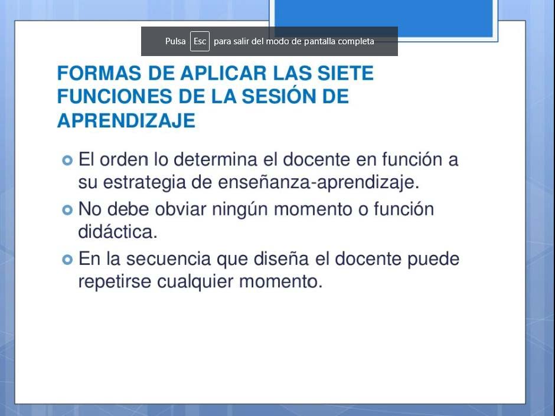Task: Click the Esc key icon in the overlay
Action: (x=200, y=41)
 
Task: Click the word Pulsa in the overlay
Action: (x=175, y=41)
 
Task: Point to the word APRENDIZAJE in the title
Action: (x=126, y=120)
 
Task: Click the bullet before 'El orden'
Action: (x=67, y=160)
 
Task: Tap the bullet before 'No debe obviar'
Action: (x=67, y=210)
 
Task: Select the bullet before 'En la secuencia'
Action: (x=67, y=260)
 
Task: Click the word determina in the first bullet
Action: (x=215, y=159)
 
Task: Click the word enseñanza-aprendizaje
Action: (x=319, y=183)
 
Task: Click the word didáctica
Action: (x=117, y=232)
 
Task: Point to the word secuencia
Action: (x=168, y=259)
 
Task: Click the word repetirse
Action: (x=115, y=281)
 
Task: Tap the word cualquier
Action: (x=195, y=282)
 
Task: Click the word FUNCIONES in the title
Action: (x=115, y=97)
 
